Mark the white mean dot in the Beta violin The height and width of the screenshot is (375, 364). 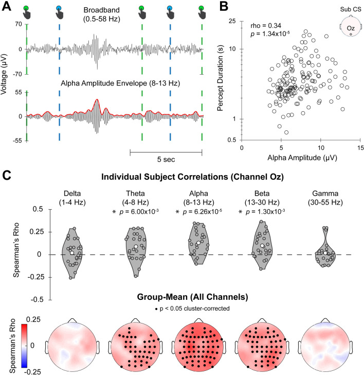click(263, 246)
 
